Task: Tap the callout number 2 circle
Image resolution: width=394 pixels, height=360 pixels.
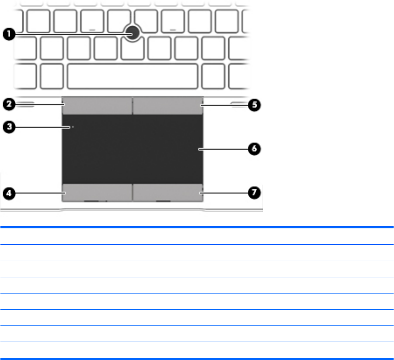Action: point(7,104)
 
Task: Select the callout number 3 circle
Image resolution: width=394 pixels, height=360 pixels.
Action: point(7,127)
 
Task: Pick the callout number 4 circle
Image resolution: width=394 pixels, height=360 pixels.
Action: point(7,192)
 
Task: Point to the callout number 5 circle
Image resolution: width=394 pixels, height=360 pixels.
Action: point(255,105)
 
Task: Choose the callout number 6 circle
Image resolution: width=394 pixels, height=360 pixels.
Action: point(255,149)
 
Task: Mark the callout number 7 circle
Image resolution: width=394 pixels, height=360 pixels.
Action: point(255,192)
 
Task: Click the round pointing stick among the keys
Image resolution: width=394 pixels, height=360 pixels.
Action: point(132,32)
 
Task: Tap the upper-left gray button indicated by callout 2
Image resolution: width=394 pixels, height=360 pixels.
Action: point(97,106)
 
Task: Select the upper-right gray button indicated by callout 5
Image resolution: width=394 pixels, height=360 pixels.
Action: point(167,106)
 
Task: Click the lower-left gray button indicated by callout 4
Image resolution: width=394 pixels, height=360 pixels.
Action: point(97,192)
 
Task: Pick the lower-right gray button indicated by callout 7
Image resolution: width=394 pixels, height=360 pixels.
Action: point(167,192)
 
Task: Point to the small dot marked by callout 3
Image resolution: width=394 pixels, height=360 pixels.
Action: point(73,127)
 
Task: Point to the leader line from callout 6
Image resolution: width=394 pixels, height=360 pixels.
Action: point(223,149)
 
